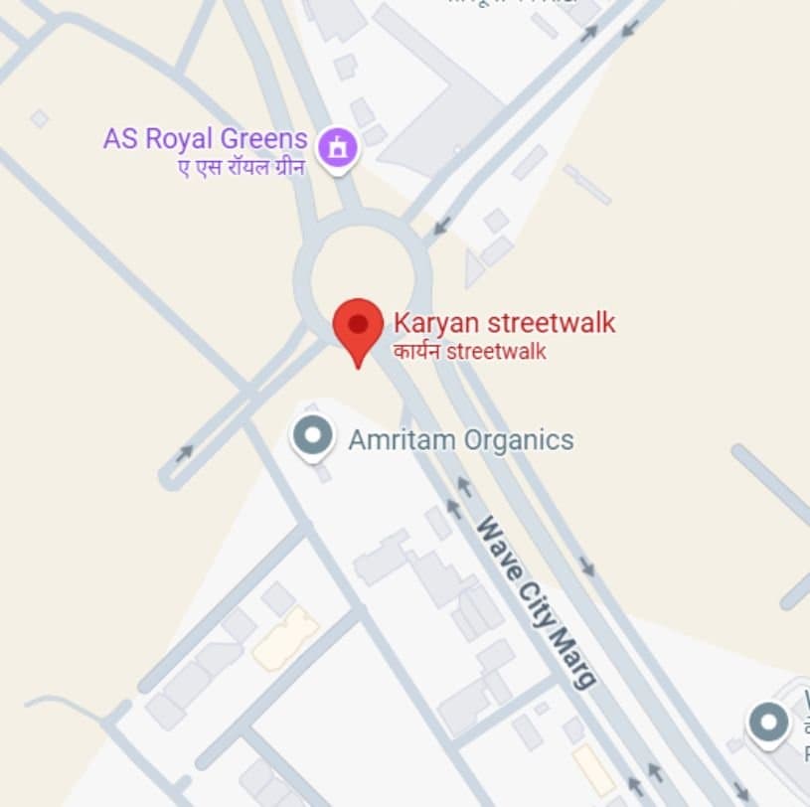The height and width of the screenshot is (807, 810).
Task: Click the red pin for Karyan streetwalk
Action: click(358, 327)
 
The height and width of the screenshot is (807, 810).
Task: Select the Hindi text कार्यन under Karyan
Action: click(416, 352)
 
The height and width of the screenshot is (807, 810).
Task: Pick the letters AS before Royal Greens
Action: click(120, 138)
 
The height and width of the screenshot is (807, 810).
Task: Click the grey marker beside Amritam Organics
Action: click(313, 436)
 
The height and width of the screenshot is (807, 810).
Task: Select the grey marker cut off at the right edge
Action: click(769, 723)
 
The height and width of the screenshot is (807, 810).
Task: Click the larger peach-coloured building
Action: click(286, 638)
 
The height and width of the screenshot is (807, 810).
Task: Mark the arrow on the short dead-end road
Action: click(184, 453)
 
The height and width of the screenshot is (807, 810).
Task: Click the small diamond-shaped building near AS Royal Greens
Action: click(39, 118)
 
